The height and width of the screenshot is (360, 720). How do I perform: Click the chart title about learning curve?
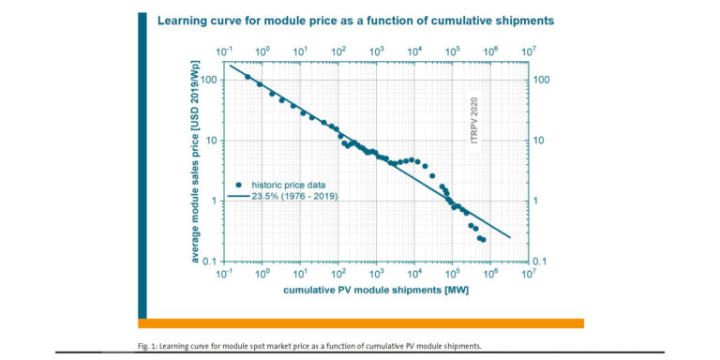pos(355,20)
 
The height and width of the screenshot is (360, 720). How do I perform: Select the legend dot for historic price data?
pos(240,185)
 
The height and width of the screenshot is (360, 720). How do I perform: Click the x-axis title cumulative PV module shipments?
pos(376,290)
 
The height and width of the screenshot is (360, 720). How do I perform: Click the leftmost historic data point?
pos(247,77)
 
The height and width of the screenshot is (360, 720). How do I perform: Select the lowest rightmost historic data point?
pos(483,240)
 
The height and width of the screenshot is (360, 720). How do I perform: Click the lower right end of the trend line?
pos(510,237)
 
